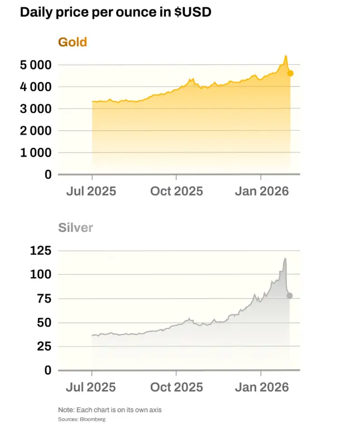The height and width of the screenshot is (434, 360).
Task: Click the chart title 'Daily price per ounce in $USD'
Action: coord(116,12)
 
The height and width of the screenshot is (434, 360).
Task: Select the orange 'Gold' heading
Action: coord(73,42)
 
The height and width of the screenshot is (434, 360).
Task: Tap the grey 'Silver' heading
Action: coord(75,227)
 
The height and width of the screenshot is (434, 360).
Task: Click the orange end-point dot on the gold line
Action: coord(290,73)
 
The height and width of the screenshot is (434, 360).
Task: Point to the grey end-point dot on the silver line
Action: coord(289,295)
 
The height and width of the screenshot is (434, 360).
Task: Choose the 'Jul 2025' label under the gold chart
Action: coord(91,191)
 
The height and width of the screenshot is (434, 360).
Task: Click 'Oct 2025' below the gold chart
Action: coord(176,191)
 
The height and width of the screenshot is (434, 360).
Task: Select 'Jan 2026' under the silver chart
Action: coord(261,387)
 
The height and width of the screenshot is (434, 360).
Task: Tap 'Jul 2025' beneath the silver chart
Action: coord(91,387)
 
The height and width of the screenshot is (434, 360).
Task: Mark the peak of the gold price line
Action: coord(285,56)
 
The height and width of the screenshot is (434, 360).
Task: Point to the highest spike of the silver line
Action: coord(285,259)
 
